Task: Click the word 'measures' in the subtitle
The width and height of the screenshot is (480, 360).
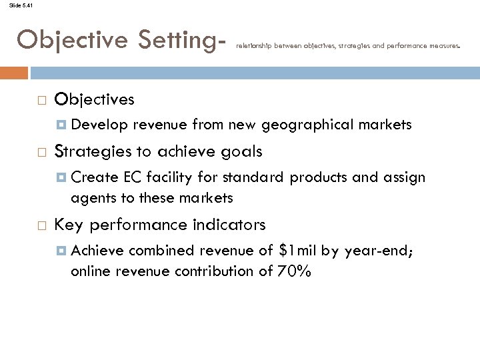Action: (441, 46)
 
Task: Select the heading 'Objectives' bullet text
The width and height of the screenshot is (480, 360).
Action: (95, 100)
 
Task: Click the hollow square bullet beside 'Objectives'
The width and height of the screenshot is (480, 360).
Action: (41, 100)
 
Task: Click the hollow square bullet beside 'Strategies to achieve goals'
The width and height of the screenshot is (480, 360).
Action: (41, 151)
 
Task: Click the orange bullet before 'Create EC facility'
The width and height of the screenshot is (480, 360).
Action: (60, 177)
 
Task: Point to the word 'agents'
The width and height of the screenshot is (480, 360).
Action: (90, 199)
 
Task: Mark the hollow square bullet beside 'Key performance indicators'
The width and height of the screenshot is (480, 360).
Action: (41, 224)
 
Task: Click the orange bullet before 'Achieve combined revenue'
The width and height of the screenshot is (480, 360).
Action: (60, 250)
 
